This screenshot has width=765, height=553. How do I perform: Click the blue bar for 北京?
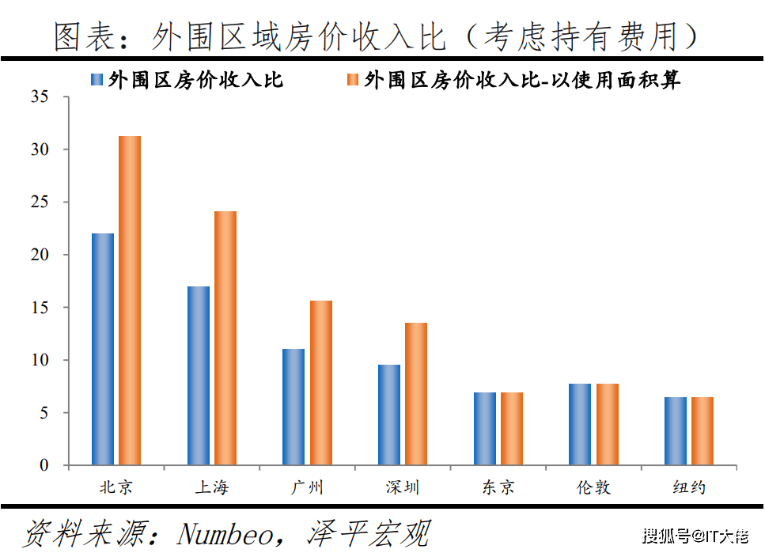(103, 349)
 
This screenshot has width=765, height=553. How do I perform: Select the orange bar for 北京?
(130, 301)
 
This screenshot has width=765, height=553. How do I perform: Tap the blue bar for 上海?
(199, 376)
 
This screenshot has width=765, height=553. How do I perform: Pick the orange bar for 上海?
(225, 338)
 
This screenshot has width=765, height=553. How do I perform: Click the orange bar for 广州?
(321, 383)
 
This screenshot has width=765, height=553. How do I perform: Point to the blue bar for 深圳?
(389, 415)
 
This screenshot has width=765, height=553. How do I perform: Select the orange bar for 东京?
(512, 429)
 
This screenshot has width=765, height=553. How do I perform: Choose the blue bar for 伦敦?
(580, 424)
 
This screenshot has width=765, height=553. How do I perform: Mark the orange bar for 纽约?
(703, 431)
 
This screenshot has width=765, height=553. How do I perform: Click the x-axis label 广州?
(307, 487)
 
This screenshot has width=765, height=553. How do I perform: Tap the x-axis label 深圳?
(403, 487)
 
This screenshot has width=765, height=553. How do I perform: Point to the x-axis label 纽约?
(689, 487)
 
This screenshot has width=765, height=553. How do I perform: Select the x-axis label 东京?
(498, 487)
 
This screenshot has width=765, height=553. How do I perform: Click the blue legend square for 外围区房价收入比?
(98, 80)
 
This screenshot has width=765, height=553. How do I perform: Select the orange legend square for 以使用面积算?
(353, 80)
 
